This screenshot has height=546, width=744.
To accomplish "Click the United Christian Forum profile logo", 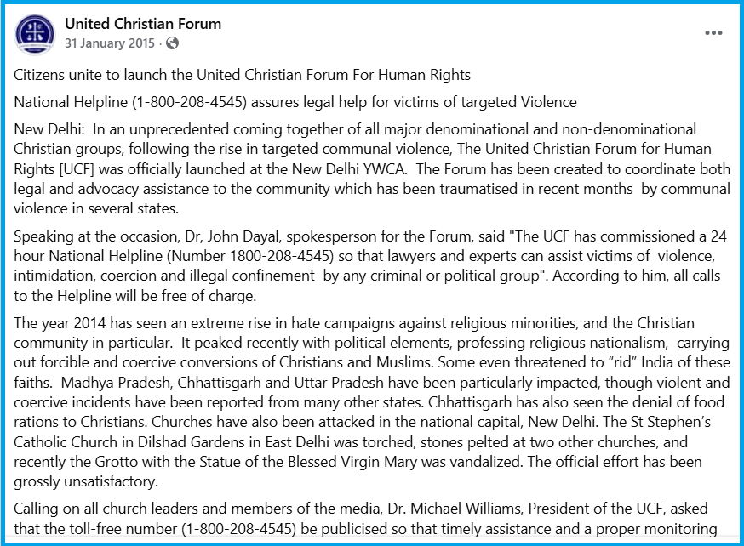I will pyautogui.click(x=35, y=33).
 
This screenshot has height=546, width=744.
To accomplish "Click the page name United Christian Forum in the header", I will pyautogui.click(x=143, y=24).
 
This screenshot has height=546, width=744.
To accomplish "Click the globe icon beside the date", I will pyautogui.click(x=172, y=43).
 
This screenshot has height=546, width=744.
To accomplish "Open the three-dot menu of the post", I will pyautogui.click(x=713, y=33).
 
